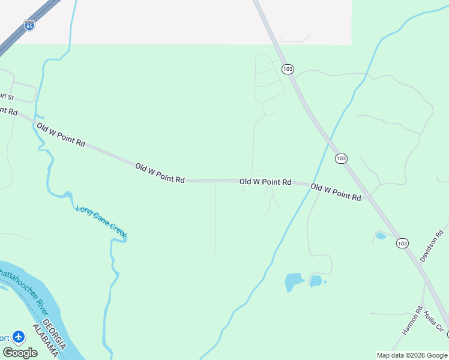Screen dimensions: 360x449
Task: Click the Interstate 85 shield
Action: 29,25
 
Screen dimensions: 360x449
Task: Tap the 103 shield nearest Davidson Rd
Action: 402,243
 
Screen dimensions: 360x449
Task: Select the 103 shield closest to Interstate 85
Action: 288,69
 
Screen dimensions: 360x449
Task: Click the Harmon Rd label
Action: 412,320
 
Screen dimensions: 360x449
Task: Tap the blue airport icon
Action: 19,337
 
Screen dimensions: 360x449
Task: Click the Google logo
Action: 20,352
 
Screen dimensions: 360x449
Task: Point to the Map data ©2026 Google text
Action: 411,355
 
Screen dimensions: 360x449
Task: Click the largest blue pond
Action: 294,281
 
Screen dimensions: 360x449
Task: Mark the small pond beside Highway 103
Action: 381,236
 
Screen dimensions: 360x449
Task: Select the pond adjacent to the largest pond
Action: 316,280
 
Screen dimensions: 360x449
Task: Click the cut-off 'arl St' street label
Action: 7,96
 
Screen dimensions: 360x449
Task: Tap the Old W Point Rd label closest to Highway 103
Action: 336,192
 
